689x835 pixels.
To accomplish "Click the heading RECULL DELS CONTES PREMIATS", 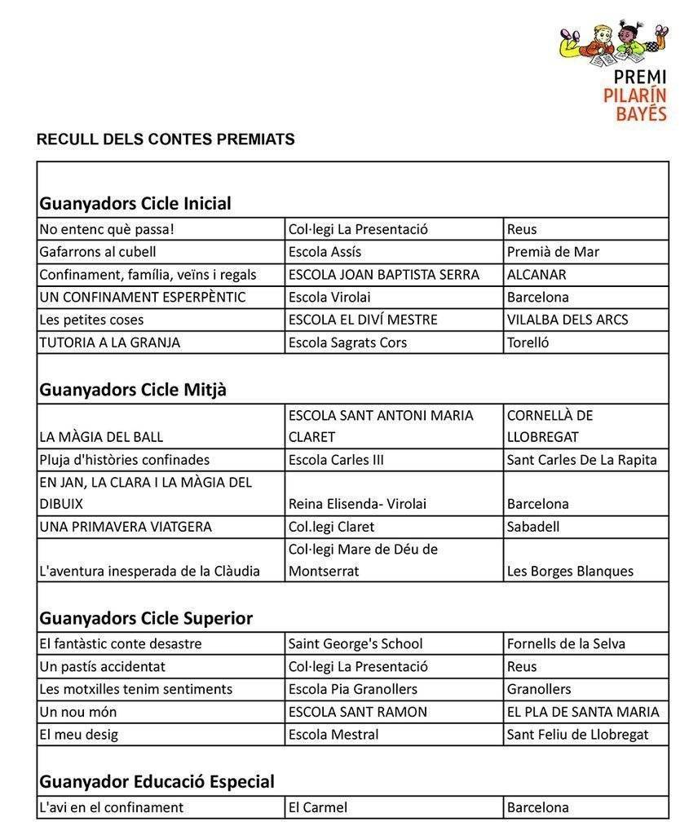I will pos(166,139).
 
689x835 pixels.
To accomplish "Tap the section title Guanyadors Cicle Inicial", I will pos(135,203).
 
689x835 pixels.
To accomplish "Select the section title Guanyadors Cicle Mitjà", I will pos(133,390).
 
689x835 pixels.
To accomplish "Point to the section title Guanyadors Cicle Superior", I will pos(146,618).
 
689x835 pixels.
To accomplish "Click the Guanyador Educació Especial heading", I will pos(157,782).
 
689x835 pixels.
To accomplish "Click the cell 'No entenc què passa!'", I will pos(107,229).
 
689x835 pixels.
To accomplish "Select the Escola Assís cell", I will pos(325,252).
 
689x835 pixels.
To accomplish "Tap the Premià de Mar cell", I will pos(553,252).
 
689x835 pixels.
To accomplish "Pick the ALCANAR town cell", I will pos(536,275).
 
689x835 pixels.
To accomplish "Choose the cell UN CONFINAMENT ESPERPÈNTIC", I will pos(142,297).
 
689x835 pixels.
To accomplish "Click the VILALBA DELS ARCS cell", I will pos(568,320).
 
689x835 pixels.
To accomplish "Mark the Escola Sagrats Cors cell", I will pos(347,342).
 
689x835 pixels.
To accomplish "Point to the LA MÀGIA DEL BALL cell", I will pos(101,437).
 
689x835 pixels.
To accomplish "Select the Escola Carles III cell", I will pos(336,460).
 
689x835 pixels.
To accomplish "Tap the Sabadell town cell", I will pos(533,527).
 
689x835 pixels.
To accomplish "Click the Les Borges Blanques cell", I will pos(570,571).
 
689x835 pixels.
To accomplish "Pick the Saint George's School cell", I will pos(356,644).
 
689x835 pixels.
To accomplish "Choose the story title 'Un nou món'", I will pos(77,712).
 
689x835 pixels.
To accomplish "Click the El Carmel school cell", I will pos(317,807).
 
